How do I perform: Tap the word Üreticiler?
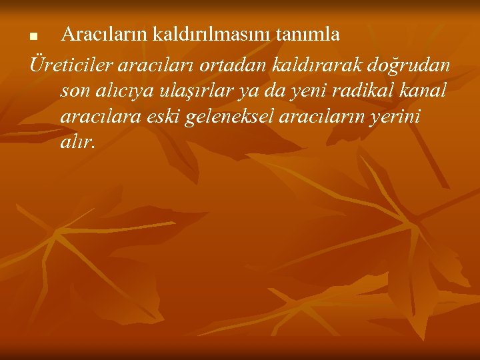(70, 65)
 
